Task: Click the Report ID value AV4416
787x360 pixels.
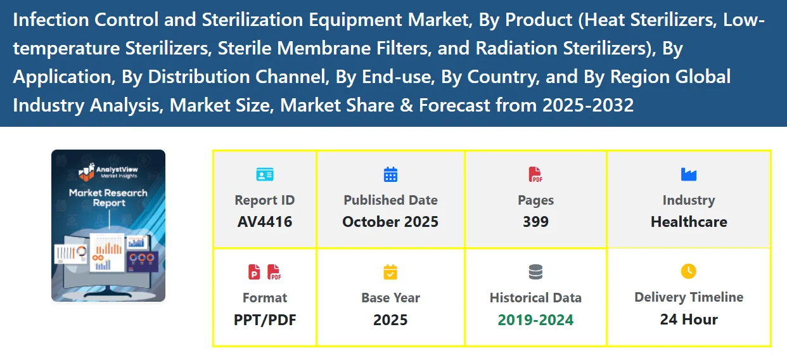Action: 264,222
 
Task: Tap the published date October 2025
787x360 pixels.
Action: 390,222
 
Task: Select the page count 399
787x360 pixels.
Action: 535,222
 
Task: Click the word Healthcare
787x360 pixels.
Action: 689,222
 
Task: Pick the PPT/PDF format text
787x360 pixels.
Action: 264,319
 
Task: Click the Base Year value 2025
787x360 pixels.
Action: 390,319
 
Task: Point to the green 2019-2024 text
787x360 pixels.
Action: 535,319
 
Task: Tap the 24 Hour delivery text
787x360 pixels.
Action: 689,319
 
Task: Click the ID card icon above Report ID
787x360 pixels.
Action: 264,174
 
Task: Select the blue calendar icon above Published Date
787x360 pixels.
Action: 390,174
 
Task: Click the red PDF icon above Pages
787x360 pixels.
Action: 535,174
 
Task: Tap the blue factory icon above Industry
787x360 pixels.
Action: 689,174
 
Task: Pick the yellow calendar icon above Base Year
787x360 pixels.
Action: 390,272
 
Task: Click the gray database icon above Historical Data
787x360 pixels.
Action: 535,272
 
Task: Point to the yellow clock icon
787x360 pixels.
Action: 689,271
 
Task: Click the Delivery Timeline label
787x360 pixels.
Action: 689,297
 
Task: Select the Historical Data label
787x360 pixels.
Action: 535,298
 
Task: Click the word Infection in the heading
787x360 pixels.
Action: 51,20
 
